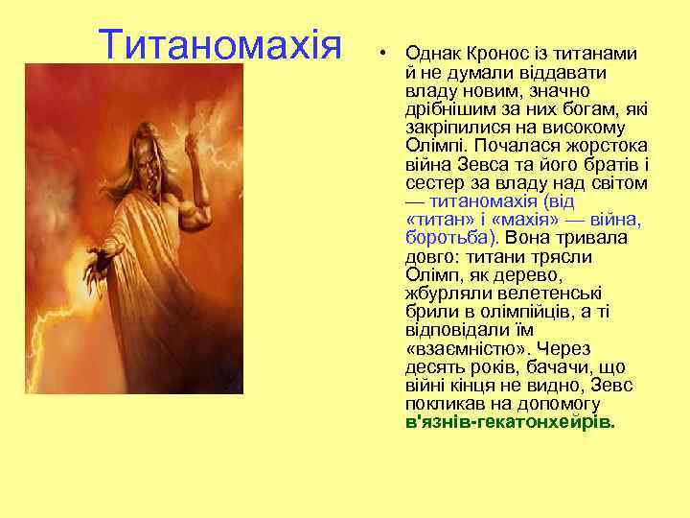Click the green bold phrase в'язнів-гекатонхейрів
click(x=510, y=422)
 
